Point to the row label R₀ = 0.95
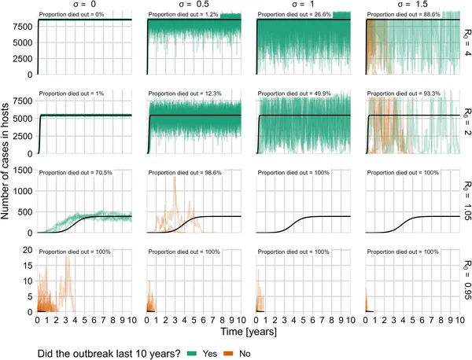(x=465, y=280)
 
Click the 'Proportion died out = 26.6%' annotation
(x=294, y=16)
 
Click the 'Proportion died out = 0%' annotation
(x=72, y=16)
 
